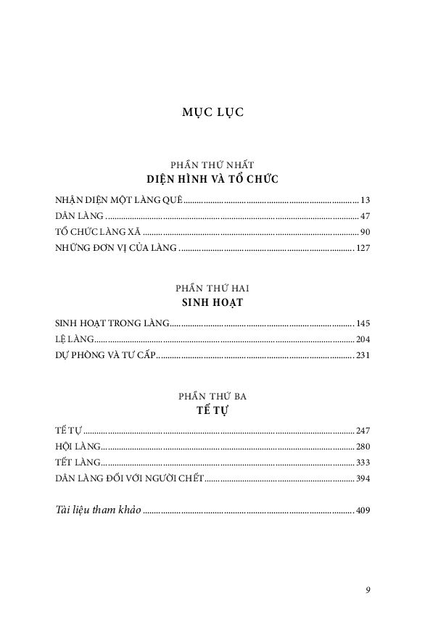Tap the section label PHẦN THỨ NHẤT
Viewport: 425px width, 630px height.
pyautogui.click(x=212, y=165)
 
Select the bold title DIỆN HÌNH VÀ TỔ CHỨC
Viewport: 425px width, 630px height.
pyautogui.click(x=212, y=179)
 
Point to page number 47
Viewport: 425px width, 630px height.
pyautogui.click(x=365, y=216)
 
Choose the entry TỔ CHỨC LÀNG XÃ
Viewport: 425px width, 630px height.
pyautogui.click(x=98, y=233)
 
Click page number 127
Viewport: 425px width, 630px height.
pyautogui.click(x=363, y=249)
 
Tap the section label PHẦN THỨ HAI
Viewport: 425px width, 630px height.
pyautogui.click(x=212, y=287)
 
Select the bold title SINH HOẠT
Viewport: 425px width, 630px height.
pyautogui.click(x=212, y=302)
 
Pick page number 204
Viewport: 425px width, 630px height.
pyautogui.click(x=363, y=339)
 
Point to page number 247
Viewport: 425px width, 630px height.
pyautogui.click(x=363, y=430)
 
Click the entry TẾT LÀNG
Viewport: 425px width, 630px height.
pyautogui.click(x=75, y=462)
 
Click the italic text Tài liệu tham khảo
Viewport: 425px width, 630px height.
pyautogui.click(x=98, y=510)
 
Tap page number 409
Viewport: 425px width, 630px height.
pyautogui.click(x=363, y=510)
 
